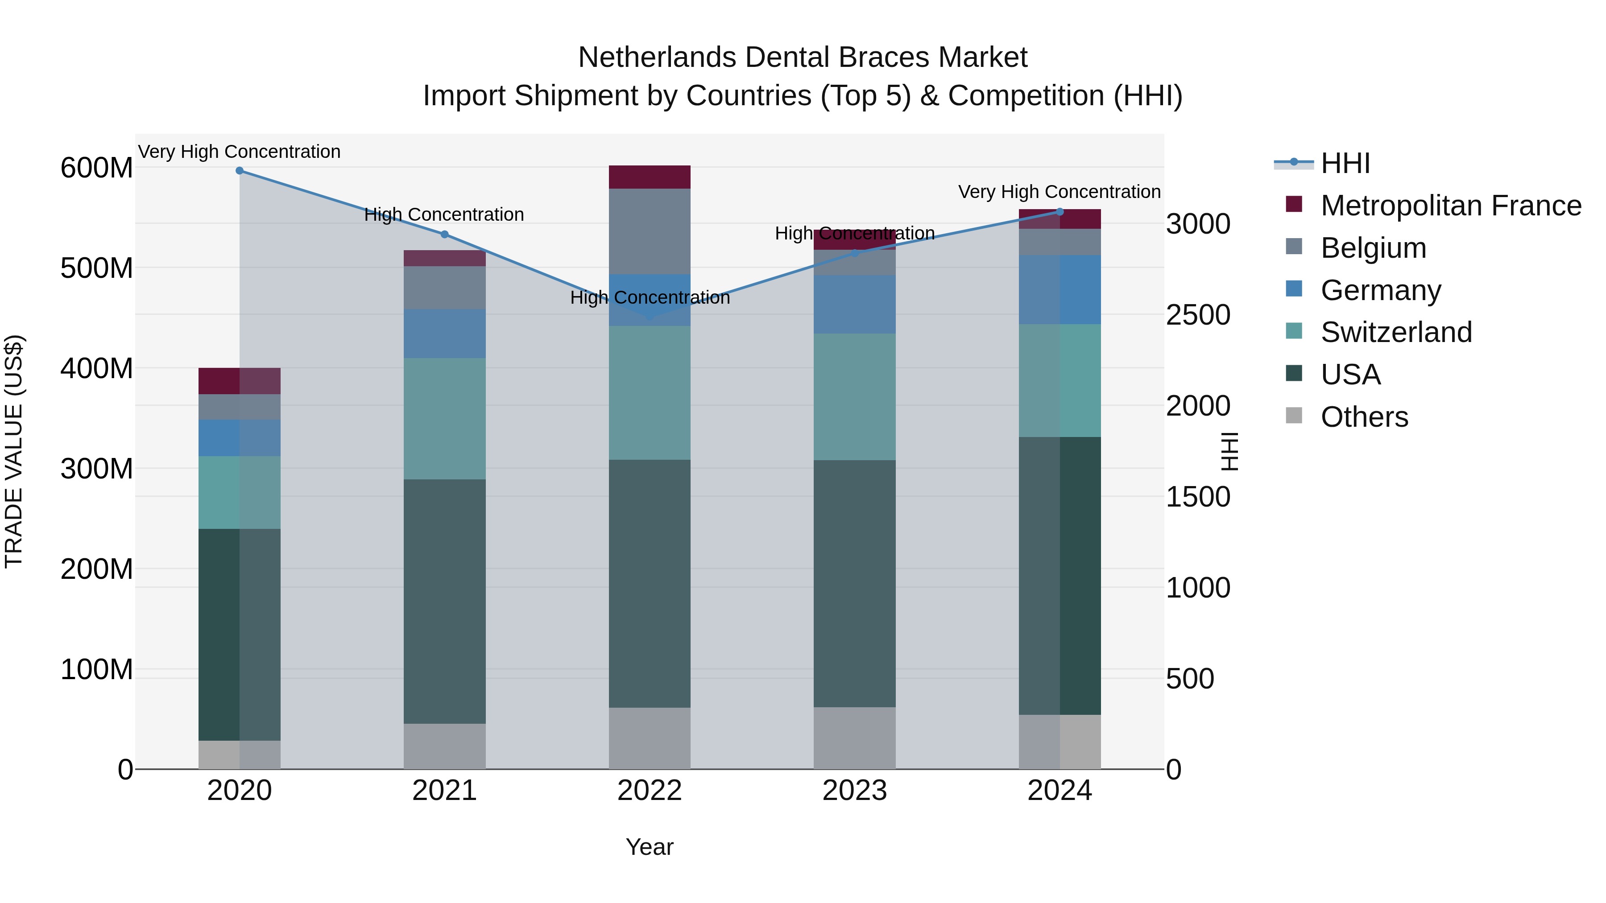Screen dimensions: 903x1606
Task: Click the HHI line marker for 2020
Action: (240, 170)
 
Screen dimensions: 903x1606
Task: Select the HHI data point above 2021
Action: (444, 234)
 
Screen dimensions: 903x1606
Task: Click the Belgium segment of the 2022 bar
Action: (650, 231)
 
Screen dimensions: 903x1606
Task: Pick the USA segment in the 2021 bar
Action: (444, 602)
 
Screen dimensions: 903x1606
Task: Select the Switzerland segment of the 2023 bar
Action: (854, 397)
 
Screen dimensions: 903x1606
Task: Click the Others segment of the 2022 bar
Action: (650, 738)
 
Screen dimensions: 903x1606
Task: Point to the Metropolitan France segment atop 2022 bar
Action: (650, 177)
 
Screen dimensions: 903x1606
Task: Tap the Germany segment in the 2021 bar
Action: (444, 334)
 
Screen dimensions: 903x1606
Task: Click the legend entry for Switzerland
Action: (1396, 332)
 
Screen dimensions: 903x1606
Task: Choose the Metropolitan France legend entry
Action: (1450, 206)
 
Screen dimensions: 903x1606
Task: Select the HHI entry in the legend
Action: (1345, 163)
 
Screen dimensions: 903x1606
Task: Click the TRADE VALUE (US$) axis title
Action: (14, 451)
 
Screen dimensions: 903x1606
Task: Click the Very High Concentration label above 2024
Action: (1059, 192)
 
